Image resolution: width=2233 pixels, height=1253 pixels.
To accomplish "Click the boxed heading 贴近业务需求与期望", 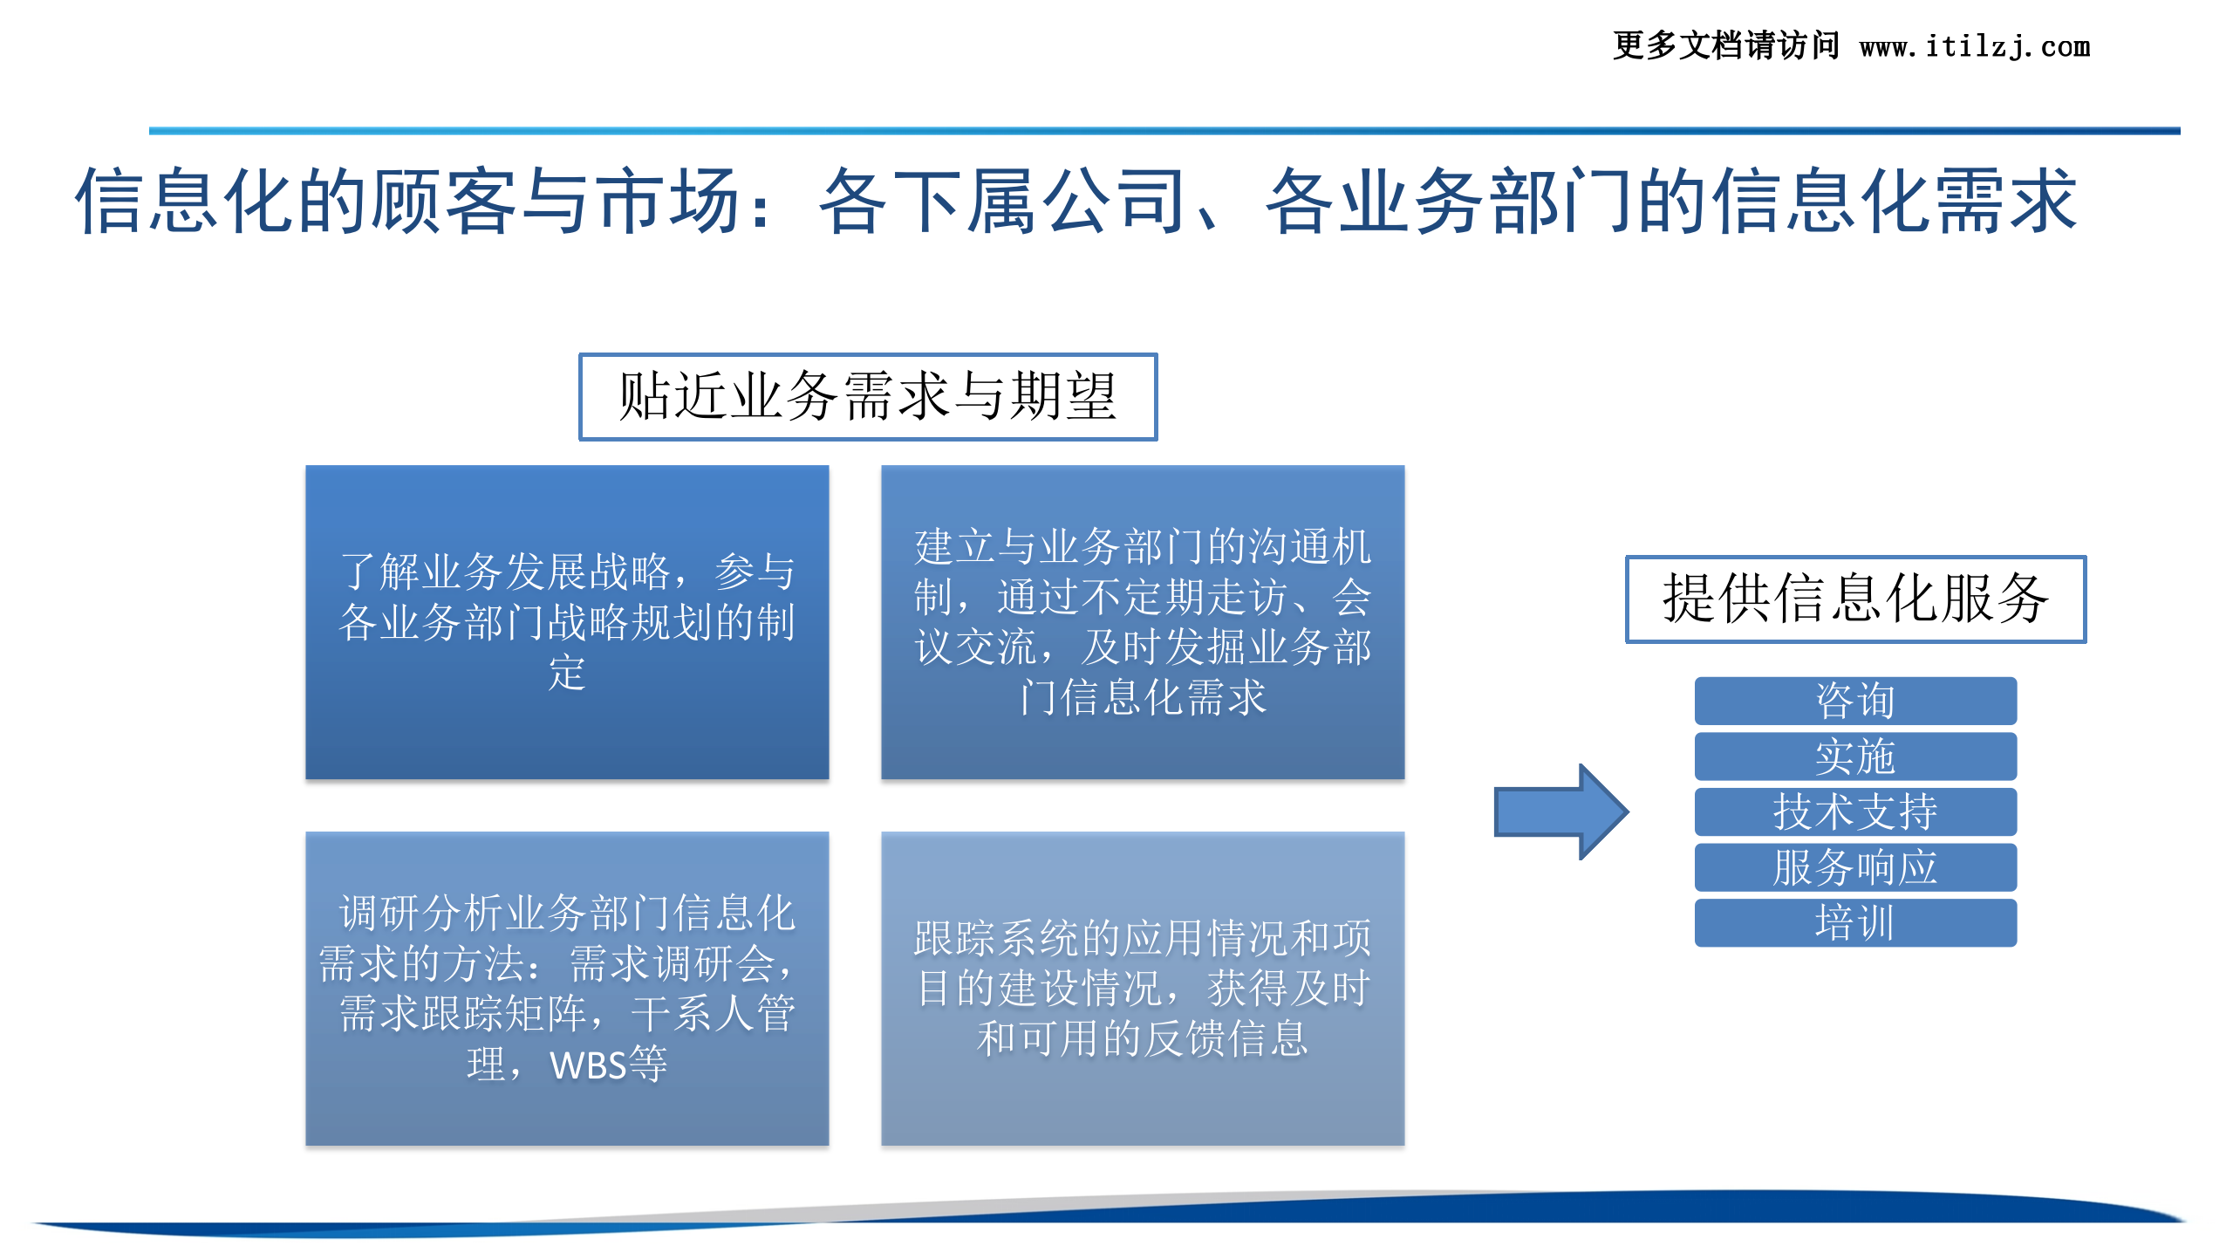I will click(x=868, y=397).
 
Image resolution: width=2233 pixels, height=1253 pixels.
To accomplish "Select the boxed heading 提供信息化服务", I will click(x=1855, y=599).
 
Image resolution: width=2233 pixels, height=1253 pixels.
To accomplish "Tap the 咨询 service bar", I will click(x=1855, y=701).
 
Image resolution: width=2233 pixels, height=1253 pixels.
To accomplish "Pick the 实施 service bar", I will click(x=1855, y=757).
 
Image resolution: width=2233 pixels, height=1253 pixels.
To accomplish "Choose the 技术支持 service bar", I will click(x=1855, y=811).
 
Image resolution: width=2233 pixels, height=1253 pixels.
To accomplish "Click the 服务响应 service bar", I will click(x=1855, y=867).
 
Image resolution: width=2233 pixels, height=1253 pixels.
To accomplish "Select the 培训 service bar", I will click(x=1855, y=922).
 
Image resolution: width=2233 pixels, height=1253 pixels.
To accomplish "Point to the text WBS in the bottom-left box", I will click(x=588, y=1065).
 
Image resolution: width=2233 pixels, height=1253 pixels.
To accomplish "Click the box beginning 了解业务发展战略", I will click(x=567, y=621).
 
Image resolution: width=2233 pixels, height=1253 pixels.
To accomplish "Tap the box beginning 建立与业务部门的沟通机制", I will click(x=1143, y=621).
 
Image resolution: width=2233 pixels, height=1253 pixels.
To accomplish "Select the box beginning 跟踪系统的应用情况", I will click(x=1143, y=988).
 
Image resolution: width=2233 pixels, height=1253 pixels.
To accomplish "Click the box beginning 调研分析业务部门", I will click(x=567, y=988).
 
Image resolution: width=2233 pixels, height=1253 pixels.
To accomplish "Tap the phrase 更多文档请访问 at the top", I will click(x=1725, y=46).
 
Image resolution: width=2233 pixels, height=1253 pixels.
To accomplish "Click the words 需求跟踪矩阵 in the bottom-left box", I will click(x=462, y=1015).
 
